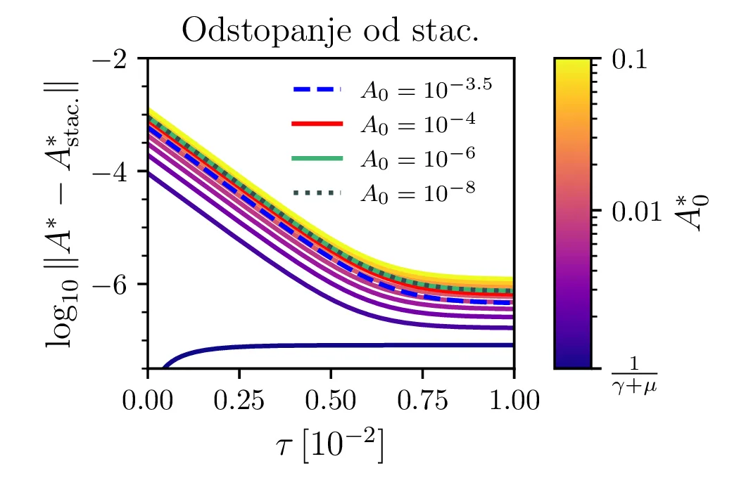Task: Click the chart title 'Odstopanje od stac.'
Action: pyautogui.click(x=330, y=32)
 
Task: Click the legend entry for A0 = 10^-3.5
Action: pyautogui.click(x=391, y=89)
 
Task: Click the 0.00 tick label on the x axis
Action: pyautogui.click(x=148, y=401)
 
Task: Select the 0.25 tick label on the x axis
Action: pyautogui.click(x=239, y=401)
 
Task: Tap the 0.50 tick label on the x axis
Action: pyautogui.click(x=331, y=401)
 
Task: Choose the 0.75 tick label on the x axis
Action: pyautogui.click(x=422, y=401)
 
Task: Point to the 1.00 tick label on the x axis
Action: pyautogui.click(x=514, y=401)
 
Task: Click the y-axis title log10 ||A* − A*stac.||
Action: pyautogui.click(x=63, y=213)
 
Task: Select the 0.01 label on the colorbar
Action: pyautogui.click(x=635, y=210)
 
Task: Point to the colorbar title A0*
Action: pyautogui.click(x=697, y=213)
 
